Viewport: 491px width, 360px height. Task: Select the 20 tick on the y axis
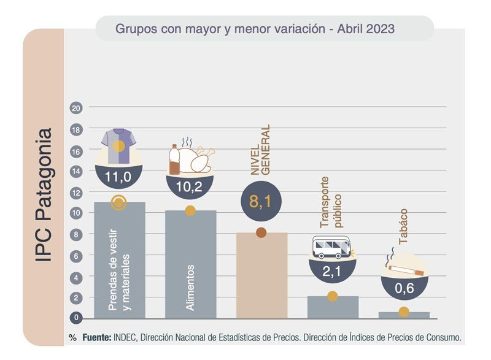[x=76, y=109]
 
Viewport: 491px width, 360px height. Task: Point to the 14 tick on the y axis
[x=76, y=172]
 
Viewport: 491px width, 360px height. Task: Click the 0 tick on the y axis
[x=76, y=318]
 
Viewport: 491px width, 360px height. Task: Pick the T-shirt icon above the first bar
[x=119, y=146]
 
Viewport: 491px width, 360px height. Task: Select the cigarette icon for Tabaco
[x=404, y=267]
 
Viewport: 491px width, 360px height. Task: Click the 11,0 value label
[x=119, y=178]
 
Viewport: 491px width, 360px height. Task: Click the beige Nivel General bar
[x=261, y=276]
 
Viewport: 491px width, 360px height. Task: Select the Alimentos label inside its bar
[x=190, y=286]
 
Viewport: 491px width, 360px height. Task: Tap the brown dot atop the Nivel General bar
[x=261, y=232]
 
